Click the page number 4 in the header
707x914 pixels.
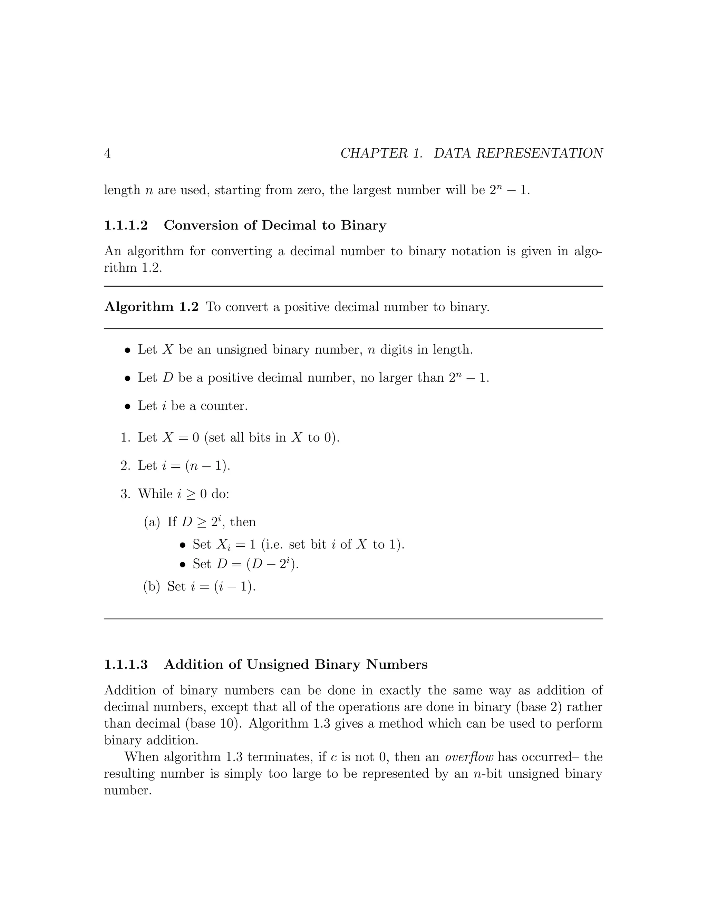click(x=107, y=153)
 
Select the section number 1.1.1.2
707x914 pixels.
click(x=126, y=226)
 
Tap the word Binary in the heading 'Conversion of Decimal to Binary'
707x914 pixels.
click(x=363, y=226)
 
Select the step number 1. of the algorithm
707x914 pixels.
click(x=126, y=438)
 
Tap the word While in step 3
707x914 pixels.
click(x=155, y=494)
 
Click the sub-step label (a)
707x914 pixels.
click(x=152, y=522)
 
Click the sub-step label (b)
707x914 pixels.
click(x=152, y=586)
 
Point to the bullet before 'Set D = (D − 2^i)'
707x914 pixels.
click(x=182, y=565)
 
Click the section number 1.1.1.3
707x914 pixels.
click(x=126, y=665)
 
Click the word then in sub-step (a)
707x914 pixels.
click(x=243, y=522)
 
